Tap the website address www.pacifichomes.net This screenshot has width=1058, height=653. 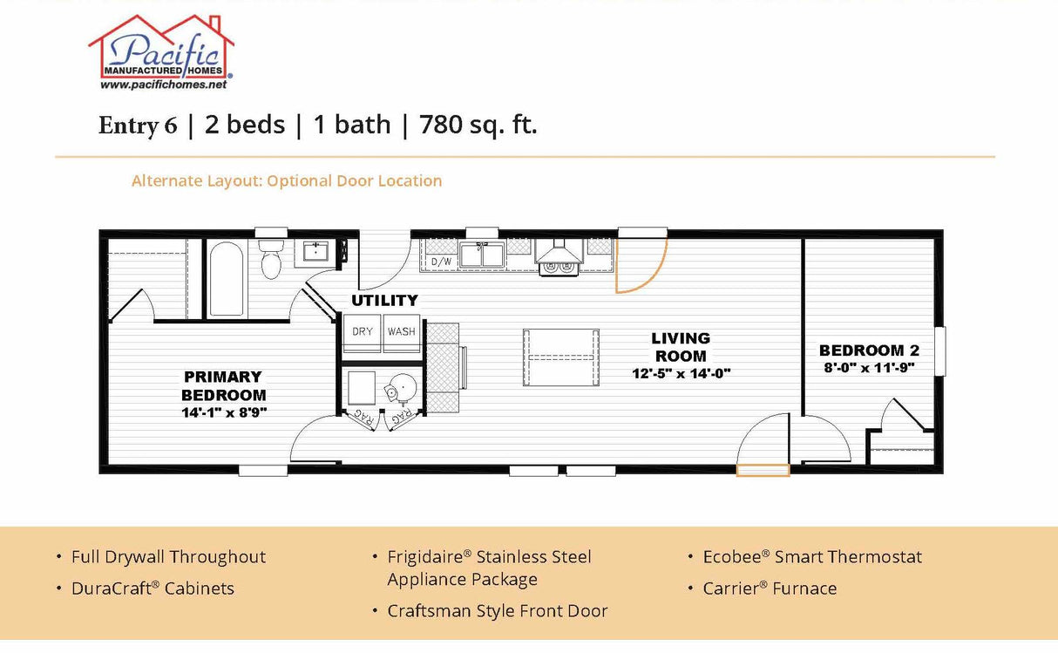point(163,85)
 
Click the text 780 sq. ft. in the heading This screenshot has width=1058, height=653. point(478,125)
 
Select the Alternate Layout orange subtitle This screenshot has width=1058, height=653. point(286,181)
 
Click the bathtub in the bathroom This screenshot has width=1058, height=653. point(226,279)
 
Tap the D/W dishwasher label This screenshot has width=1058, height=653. point(441,262)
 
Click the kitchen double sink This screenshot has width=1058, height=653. point(482,255)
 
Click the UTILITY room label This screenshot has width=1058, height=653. point(384,301)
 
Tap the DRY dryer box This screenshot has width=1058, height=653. point(363,332)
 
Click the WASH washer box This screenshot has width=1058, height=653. point(402,332)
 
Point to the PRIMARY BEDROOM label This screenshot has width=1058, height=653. point(223,386)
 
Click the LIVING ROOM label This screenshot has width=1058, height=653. point(681,347)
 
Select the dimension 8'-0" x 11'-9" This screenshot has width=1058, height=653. point(869,368)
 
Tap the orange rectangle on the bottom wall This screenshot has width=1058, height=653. point(763,471)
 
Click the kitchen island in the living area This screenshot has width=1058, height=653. point(560,357)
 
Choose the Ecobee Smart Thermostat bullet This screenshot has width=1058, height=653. point(811,557)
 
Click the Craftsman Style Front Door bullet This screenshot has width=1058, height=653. point(497,611)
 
